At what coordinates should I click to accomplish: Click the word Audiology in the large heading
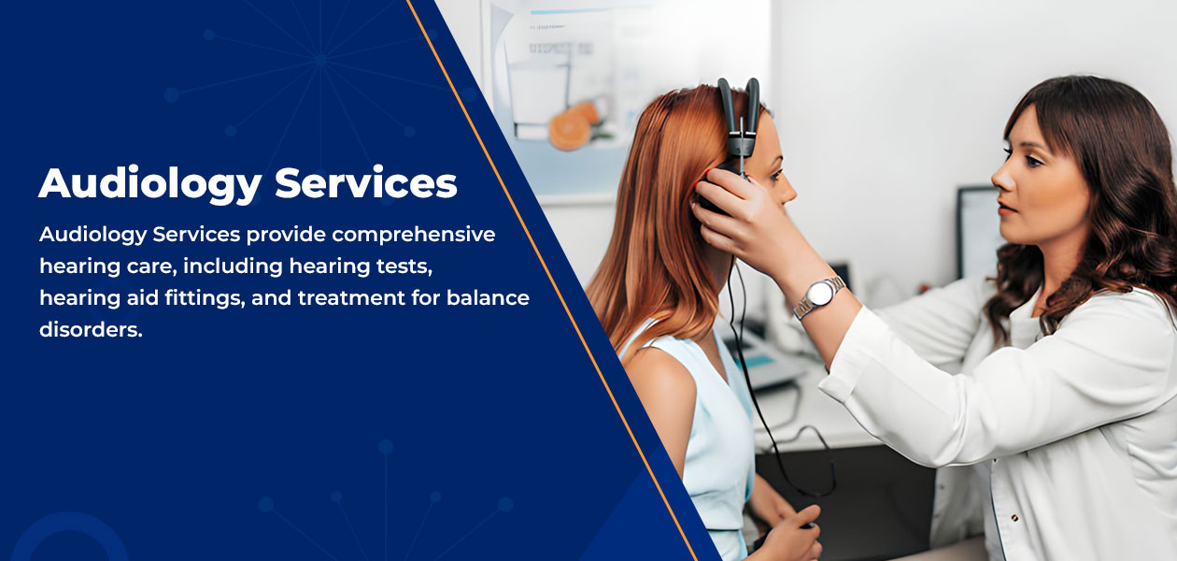(149, 184)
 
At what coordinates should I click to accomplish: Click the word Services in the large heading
(366, 183)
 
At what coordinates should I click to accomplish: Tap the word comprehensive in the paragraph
(414, 235)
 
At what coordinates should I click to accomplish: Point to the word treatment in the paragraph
(351, 298)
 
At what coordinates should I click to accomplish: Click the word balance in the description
(489, 297)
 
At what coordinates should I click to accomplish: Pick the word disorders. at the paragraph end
(91, 330)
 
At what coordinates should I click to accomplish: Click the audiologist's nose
(1001, 179)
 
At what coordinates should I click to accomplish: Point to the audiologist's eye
(1032, 161)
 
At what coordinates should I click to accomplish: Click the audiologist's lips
(1005, 208)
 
